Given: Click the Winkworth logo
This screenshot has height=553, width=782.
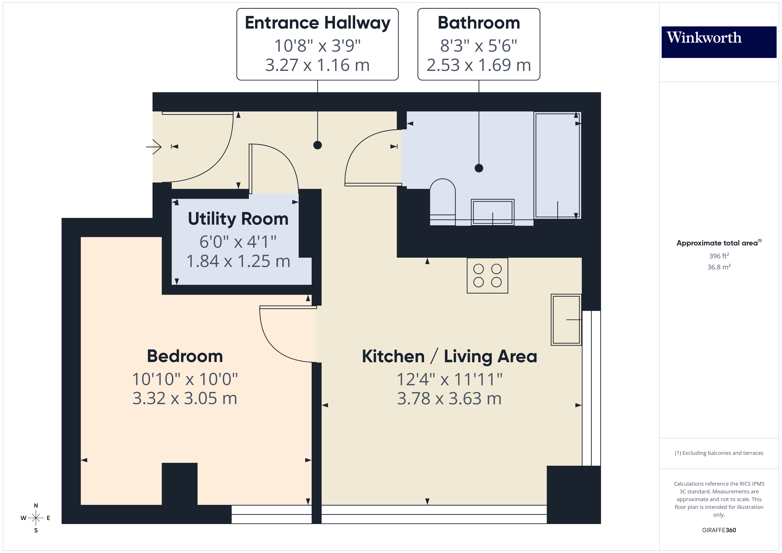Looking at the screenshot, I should click(x=719, y=42).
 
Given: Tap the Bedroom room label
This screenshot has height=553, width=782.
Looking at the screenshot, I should click(x=185, y=356).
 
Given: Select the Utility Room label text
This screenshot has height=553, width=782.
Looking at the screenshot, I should click(x=238, y=219).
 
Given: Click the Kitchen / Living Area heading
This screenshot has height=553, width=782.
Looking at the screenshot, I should click(x=449, y=356).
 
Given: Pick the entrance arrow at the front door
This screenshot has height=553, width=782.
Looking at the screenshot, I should click(x=154, y=147).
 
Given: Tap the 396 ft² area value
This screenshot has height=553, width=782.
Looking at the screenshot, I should click(x=719, y=256).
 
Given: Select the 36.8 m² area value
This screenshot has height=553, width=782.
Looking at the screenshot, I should click(x=719, y=267).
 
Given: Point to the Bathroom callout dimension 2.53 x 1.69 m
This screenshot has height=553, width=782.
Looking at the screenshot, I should click(x=479, y=65).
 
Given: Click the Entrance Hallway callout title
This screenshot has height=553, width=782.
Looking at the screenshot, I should click(x=317, y=23).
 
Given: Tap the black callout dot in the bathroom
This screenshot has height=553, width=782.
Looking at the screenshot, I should click(x=479, y=168).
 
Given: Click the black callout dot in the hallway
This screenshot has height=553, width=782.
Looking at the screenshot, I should click(x=317, y=145).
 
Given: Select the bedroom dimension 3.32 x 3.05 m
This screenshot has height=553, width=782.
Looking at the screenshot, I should click(x=185, y=398).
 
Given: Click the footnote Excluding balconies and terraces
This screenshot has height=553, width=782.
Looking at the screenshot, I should click(x=719, y=453).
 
